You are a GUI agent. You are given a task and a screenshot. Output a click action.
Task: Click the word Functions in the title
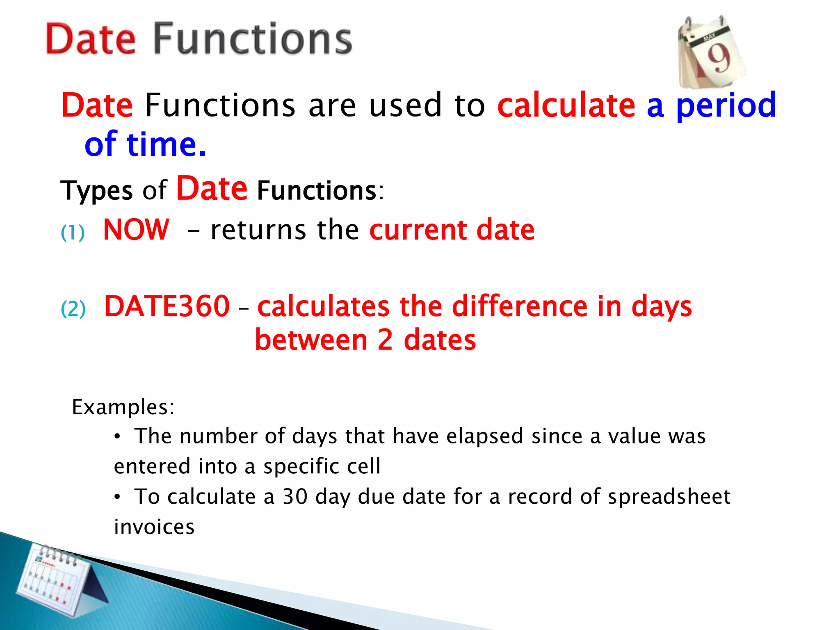253,39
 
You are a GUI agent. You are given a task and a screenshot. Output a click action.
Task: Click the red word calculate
566,105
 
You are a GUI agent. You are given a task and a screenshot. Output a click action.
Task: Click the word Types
97,191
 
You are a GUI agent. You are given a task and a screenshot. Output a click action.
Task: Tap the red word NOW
136,230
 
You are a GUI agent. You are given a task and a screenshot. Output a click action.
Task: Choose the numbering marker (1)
73,233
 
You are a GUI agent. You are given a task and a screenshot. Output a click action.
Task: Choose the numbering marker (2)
73,309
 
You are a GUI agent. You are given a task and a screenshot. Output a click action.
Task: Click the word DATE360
167,306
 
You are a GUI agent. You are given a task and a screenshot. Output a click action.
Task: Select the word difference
520,306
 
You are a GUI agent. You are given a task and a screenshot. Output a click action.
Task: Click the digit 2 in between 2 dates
385,340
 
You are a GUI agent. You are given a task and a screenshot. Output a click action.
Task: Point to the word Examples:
123,408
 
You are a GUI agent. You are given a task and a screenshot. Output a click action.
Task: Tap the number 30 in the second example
295,497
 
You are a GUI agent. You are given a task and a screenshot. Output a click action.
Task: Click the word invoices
154,527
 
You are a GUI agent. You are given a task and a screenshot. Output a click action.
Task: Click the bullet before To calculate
117,497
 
